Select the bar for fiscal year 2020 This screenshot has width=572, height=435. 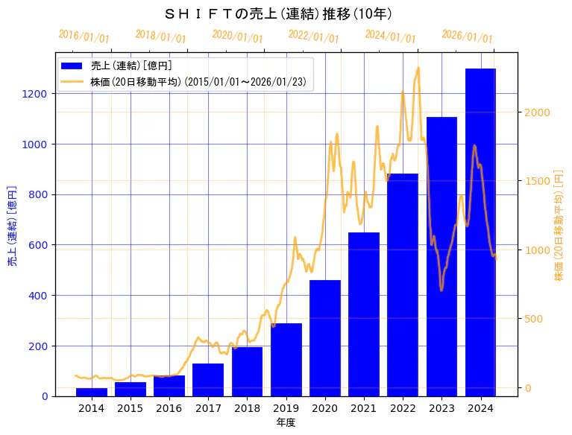(325, 338)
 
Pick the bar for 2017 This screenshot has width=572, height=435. (208, 380)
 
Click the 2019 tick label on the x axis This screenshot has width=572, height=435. (286, 408)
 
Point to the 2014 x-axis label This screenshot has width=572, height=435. (92, 408)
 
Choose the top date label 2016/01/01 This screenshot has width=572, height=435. (84, 36)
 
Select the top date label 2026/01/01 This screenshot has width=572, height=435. (467, 36)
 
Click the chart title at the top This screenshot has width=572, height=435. (277, 14)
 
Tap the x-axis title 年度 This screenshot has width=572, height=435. (286, 422)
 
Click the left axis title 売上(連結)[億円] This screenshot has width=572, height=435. (12, 226)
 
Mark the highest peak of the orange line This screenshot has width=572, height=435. (418, 68)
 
